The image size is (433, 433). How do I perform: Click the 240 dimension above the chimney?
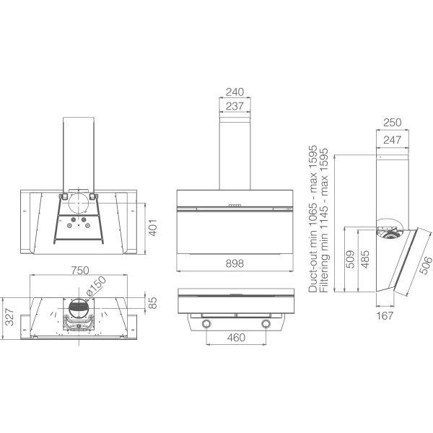point(235,92)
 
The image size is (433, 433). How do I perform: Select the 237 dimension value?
point(235,106)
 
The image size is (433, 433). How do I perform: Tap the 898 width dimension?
point(235,263)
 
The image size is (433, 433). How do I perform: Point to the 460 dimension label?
point(236,338)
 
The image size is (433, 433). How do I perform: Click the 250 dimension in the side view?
point(393,123)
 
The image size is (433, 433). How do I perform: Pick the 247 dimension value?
point(393,140)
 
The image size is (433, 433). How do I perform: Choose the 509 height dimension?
point(350,259)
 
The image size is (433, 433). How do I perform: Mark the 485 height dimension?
point(365,259)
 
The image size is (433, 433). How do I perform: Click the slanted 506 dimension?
point(426,265)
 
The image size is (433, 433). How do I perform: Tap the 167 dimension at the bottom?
point(385,315)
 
